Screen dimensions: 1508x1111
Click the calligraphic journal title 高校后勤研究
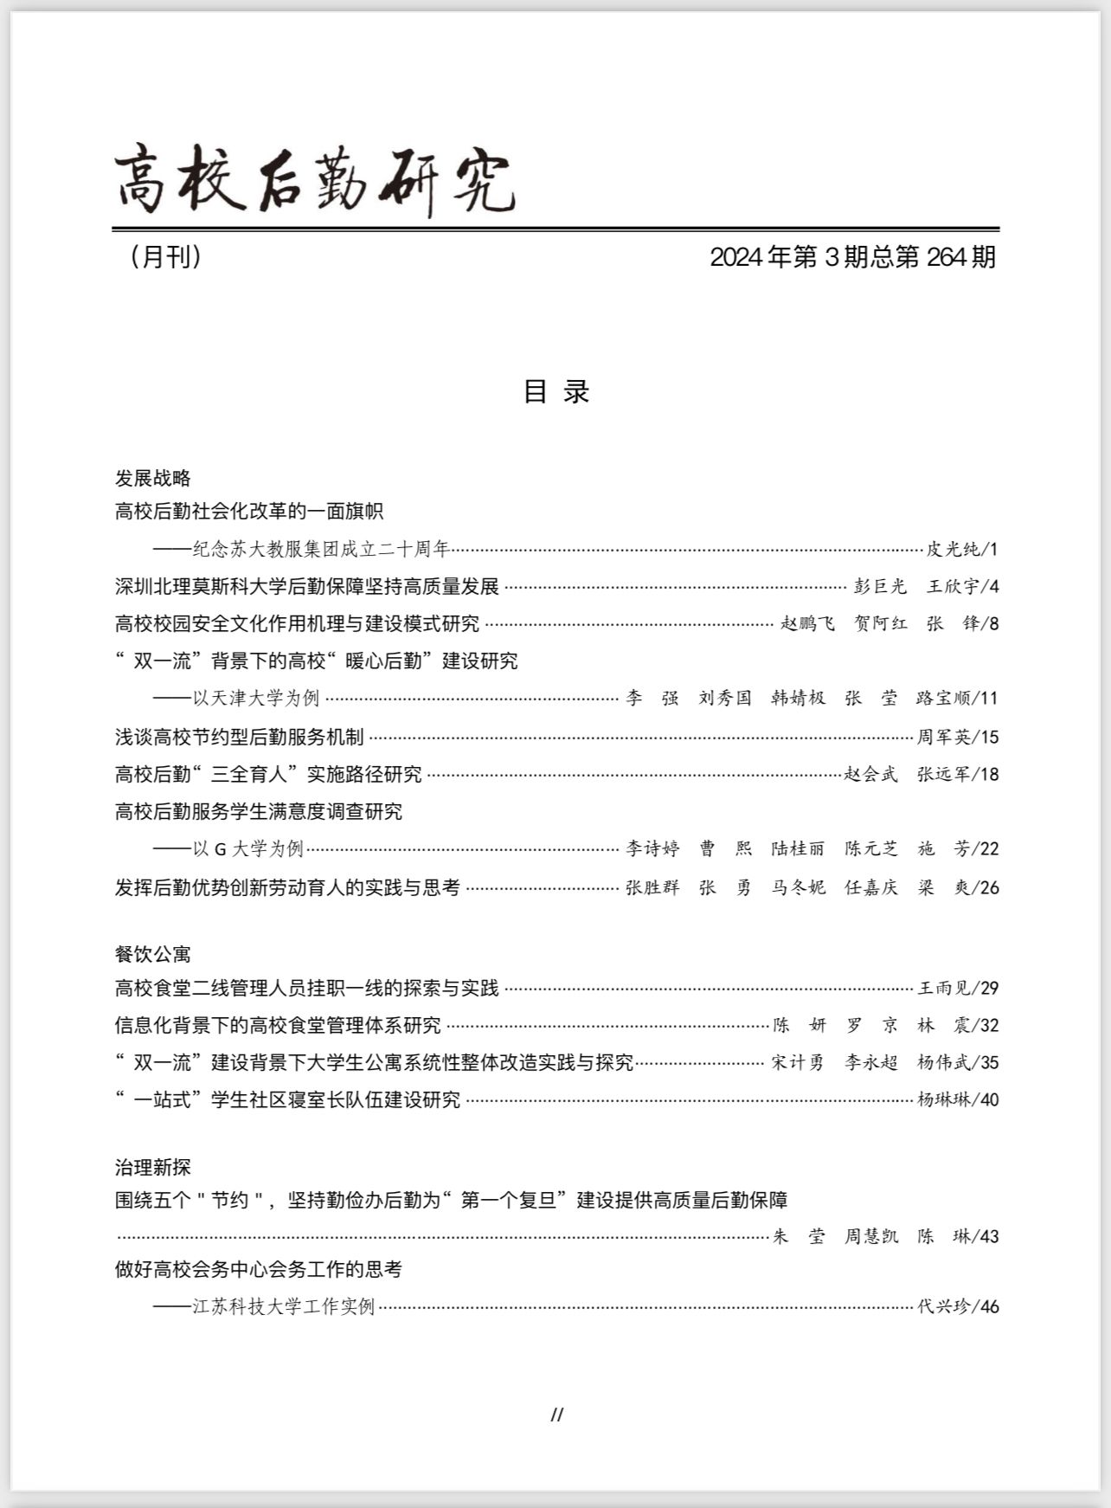(x=315, y=180)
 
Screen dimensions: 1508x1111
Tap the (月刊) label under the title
(x=165, y=257)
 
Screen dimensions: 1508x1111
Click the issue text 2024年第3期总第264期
(x=852, y=257)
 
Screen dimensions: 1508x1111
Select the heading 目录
(x=555, y=391)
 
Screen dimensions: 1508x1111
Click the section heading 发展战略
(x=152, y=478)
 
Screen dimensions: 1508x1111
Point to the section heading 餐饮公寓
(x=152, y=954)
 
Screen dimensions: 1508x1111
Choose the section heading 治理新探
(x=152, y=1167)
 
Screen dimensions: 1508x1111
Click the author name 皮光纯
(x=953, y=549)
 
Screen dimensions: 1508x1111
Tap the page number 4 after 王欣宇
(x=993, y=587)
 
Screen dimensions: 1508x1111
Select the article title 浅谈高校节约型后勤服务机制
(x=239, y=738)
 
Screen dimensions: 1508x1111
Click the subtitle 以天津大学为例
(x=255, y=698)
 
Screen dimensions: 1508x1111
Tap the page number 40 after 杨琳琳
(x=989, y=1100)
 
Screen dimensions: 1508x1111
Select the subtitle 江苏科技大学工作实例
(x=283, y=1307)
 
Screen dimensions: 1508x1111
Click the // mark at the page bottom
(x=556, y=1415)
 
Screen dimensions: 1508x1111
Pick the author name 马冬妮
(x=798, y=888)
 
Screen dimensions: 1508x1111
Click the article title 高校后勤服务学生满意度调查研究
(x=258, y=812)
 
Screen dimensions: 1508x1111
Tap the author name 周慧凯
(x=870, y=1237)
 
